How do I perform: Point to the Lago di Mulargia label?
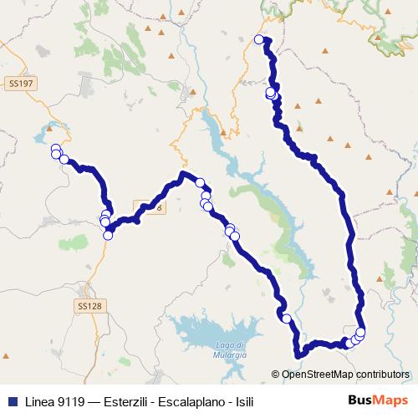click(229, 350)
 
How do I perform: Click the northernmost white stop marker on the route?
click(258, 39)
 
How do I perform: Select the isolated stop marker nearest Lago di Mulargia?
click(287, 318)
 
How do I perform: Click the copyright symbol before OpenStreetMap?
click(276, 375)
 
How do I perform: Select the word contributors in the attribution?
click(380, 375)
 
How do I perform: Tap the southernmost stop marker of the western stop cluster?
click(108, 236)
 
